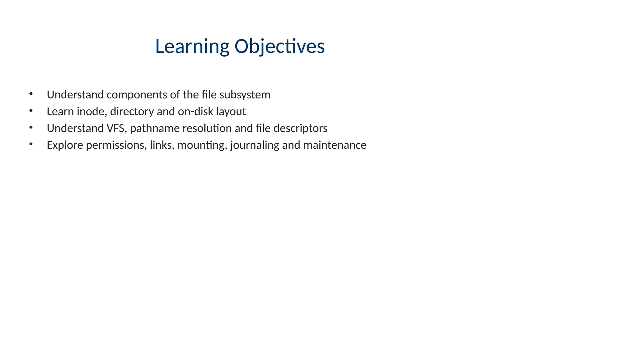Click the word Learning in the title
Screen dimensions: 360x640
coord(192,47)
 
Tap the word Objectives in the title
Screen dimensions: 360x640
coord(279,47)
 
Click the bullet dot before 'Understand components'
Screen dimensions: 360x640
coord(31,93)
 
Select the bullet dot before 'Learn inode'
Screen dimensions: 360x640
coord(31,110)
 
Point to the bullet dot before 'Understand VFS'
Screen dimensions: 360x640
coord(31,127)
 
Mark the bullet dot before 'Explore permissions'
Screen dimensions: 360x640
coord(31,144)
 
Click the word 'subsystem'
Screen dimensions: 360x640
coord(245,95)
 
